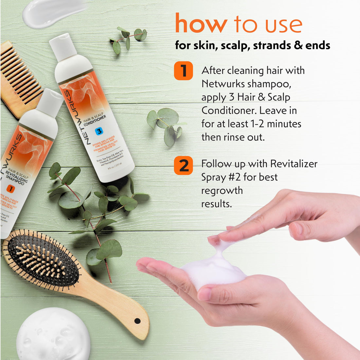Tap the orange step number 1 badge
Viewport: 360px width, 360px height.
[183, 70]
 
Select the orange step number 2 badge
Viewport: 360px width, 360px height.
[183, 165]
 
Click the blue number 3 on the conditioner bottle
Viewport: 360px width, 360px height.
[99, 131]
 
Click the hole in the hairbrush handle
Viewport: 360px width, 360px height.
[137, 321]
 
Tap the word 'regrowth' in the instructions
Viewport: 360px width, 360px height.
[222, 190]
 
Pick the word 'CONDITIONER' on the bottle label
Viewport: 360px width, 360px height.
[95, 120]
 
